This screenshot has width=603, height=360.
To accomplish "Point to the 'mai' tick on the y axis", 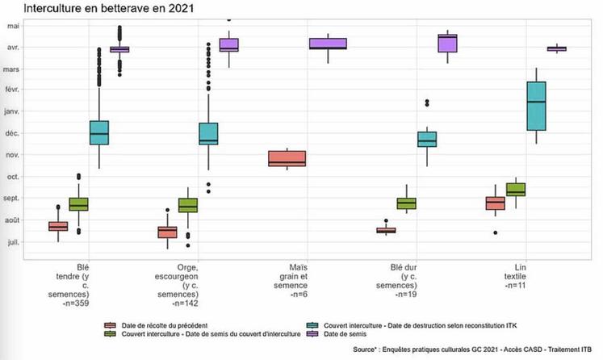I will (14, 26).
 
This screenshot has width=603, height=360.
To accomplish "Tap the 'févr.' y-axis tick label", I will (12, 90).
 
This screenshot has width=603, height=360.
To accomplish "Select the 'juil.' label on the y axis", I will (14, 241).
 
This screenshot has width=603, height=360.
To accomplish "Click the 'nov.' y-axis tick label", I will (13, 155).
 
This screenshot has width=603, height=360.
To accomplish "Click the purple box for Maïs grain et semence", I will (328, 44).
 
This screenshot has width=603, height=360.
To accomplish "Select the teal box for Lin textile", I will (535, 106).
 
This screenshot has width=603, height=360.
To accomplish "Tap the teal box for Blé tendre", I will (99, 132).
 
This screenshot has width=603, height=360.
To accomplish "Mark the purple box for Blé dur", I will (447, 44).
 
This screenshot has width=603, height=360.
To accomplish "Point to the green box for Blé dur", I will (406, 203).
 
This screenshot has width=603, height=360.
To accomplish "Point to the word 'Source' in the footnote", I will (369, 350).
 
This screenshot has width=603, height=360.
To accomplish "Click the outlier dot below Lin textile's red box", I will (496, 233).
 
